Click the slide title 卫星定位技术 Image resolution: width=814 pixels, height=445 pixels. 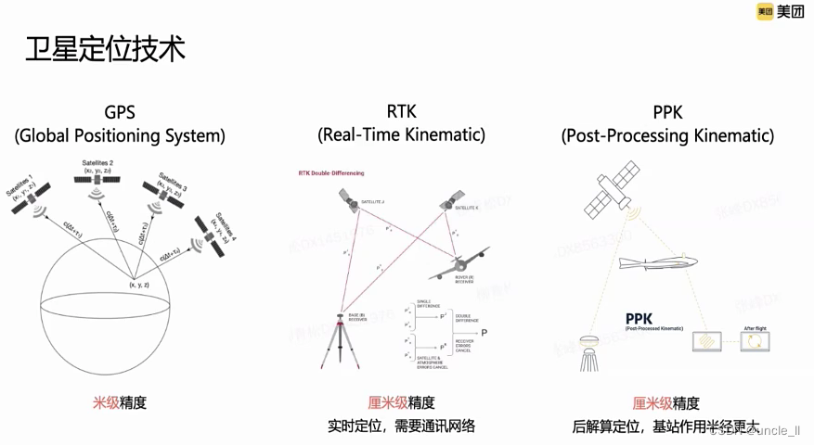(105, 47)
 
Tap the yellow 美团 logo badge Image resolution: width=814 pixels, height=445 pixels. (766, 12)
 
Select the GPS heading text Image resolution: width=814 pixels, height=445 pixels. (120, 112)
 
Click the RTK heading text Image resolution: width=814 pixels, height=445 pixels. (401, 112)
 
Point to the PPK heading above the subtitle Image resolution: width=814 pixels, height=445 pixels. (667, 112)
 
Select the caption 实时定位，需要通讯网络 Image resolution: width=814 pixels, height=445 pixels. (401, 426)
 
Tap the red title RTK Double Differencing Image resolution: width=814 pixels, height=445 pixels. (331, 173)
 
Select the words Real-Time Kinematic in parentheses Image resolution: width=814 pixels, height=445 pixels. (401, 135)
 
